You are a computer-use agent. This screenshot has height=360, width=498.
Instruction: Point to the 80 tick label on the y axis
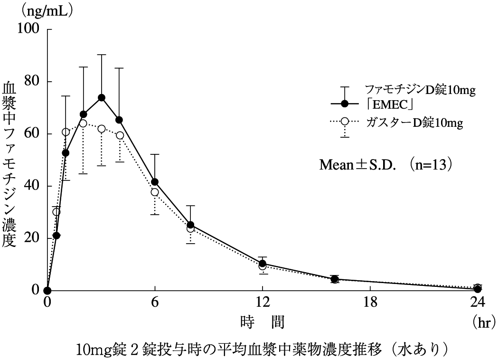pos(31,81)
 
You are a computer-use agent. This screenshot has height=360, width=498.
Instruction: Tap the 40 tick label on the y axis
pos(31,186)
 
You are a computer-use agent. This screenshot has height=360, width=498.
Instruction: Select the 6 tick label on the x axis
pos(155,302)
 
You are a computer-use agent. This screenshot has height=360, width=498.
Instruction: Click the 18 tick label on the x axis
pos(370,302)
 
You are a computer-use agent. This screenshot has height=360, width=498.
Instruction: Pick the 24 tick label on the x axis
pos(477,302)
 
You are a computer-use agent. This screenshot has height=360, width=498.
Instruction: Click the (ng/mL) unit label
pos(47,10)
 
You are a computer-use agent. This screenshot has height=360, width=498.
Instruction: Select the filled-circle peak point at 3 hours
pos(101,98)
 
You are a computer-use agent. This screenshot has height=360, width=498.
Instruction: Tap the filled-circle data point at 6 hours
pos(155,182)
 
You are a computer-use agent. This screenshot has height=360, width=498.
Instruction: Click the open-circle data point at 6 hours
pos(155,192)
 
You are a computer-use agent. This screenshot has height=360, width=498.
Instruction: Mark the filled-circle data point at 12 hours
pos(262,264)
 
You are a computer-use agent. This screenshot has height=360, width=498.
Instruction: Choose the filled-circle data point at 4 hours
pos(119,120)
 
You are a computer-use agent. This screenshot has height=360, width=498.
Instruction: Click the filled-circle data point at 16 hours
pos(334,279)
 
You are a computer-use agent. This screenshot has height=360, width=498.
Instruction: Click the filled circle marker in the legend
pos(345,103)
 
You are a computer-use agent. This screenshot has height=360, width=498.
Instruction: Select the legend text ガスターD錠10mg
pos(414,122)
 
